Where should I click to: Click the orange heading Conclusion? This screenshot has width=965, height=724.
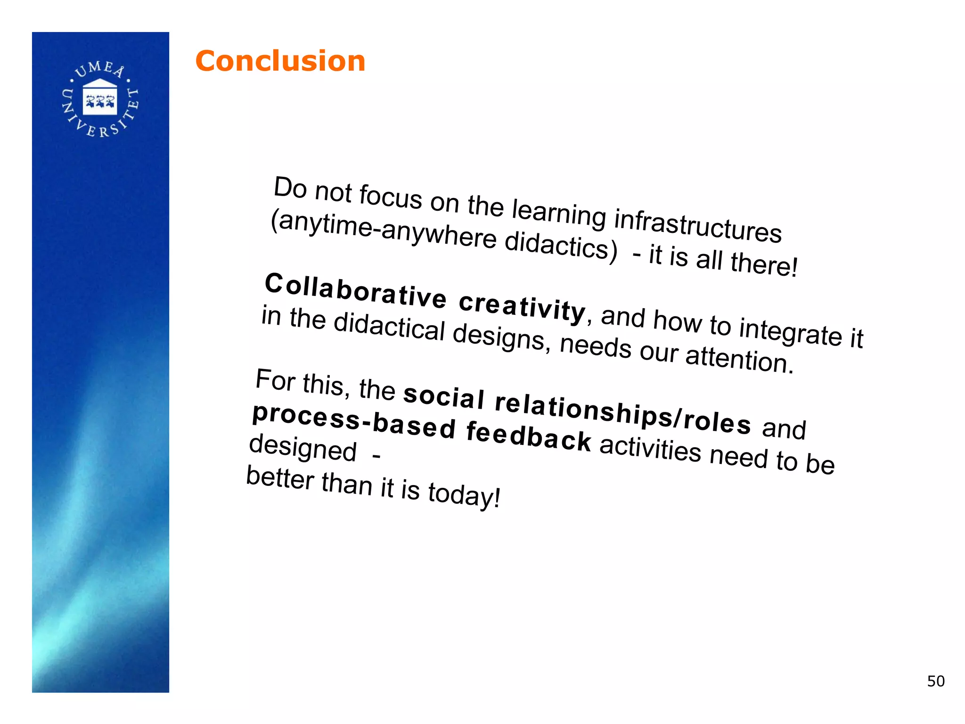pyautogui.click(x=280, y=61)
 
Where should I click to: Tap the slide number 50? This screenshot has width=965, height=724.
pyautogui.click(x=935, y=681)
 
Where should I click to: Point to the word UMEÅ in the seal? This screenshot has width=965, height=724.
pyautogui.click(x=100, y=69)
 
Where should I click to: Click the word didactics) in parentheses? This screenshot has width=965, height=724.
pyautogui.click(x=561, y=244)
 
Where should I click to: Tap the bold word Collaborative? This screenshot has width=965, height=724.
pyautogui.click(x=355, y=290)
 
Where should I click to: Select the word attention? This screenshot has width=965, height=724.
pyautogui.click(x=739, y=360)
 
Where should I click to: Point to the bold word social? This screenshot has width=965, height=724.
pyautogui.click(x=443, y=396)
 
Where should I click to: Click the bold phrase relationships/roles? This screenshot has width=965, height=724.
pyautogui.click(x=622, y=413)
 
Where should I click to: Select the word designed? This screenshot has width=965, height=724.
pyautogui.click(x=303, y=448)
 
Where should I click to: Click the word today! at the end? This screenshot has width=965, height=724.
pyautogui.click(x=464, y=495)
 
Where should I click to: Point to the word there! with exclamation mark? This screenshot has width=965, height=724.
pyautogui.click(x=764, y=263)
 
